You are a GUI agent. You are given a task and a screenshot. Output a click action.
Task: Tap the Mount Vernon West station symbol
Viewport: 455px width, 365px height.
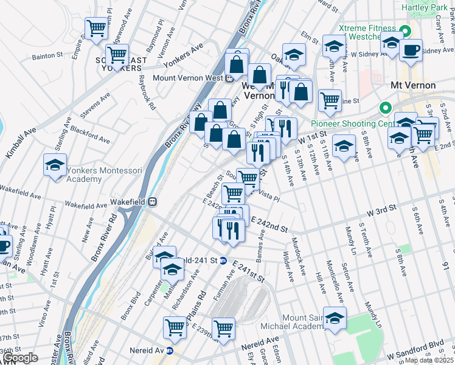tap(229, 78)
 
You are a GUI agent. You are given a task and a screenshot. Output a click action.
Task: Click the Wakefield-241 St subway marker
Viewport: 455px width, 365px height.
tap(224, 260)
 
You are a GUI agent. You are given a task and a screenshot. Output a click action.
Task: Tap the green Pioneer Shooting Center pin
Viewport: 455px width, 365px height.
tap(384, 109)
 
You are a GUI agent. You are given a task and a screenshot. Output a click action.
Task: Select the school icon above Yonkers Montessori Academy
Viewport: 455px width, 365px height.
tap(55, 165)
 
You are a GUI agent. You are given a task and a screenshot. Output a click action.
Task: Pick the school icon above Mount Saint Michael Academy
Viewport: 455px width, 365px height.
tap(335, 318)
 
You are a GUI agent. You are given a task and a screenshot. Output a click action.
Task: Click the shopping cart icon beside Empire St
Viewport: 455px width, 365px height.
tap(96, 29)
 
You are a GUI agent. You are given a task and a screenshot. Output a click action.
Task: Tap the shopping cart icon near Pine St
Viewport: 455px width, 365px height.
tap(330, 100)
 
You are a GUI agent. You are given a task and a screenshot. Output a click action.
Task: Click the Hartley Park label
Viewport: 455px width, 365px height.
tap(427, 7)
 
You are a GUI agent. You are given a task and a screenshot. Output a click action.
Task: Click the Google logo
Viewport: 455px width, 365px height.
tap(20, 358)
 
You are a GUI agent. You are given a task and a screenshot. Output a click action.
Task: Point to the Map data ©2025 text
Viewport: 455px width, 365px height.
tap(429, 360)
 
